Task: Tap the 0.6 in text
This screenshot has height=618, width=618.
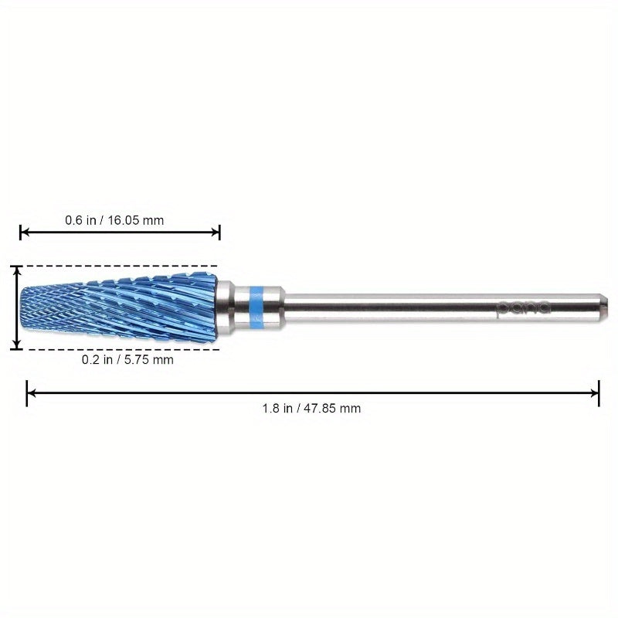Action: pos(81,220)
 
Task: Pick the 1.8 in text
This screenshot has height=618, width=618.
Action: pos(277,408)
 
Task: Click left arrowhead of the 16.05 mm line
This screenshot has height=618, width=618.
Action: pos(23,232)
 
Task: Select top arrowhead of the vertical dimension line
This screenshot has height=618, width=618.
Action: pos(15,269)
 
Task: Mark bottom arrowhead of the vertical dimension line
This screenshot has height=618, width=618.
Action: pos(15,346)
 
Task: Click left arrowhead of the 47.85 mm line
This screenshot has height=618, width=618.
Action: pos(30,393)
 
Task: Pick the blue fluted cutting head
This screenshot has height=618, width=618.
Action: pos(116,307)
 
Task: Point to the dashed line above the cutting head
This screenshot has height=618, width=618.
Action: pos(116,266)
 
